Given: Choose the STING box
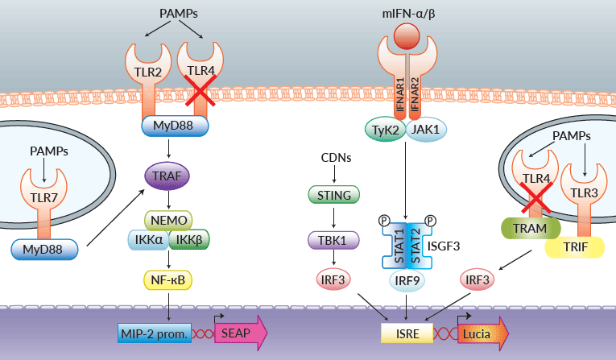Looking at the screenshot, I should (x=333, y=193).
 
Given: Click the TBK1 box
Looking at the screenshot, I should (x=333, y=240).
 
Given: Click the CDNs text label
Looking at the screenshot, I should (x=333, y=158).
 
